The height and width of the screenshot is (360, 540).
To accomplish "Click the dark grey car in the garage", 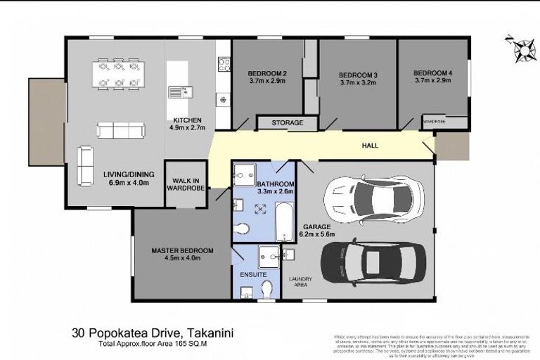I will pos(372,262).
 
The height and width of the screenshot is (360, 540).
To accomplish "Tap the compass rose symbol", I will pos(522,49).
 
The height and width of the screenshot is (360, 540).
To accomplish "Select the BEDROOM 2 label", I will pos(267,73).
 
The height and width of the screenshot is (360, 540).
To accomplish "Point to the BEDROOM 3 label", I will pos(358,75).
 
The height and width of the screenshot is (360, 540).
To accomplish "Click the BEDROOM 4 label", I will pos(432,73).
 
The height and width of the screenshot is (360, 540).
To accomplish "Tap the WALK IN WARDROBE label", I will pos(186,184).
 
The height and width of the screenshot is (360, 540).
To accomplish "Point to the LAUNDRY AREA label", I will pos(301,282).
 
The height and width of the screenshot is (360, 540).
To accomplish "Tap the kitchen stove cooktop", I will pos(224,65).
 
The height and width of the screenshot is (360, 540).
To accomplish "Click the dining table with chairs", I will pos(118,75).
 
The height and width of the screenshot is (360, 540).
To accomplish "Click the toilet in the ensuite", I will pos(266,288).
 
